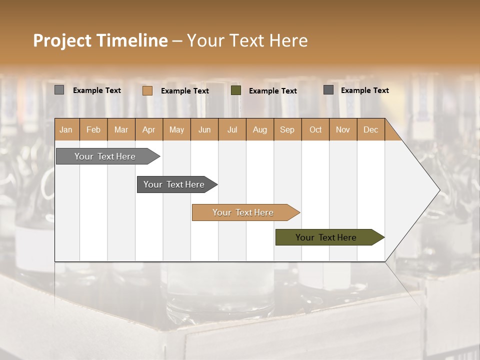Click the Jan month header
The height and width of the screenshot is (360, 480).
pyautogui.click(x=66, y=129)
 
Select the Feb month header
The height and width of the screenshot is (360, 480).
pyautogui.click(x=93, y=129)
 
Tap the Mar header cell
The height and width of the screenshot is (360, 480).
pyautogui.click(x=121, y=129)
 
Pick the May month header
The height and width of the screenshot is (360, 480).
pyautogui.click(x=176, y=129)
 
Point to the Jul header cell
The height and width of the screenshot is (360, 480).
pyautogui.click(x=232, y=129)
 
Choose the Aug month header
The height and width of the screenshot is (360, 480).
pyautogui.click(x=259, y=129)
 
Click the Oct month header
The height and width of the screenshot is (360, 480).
pyautogui.click(x=315, y=129)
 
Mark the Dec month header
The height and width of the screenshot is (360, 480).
pyautogui.click(x=370, y=129)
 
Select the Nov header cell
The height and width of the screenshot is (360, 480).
pyautogui.click(x=343, y=129)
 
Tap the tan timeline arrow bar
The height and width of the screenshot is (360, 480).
pyautogui.click(x=243, y=212)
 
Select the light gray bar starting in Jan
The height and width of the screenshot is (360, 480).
pyautogui.click(x=105, y=156)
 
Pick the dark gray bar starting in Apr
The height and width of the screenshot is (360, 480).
pyautogui.click(x=174, y=184)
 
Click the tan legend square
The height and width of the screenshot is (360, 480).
pyautogui.click(x=147, y=90)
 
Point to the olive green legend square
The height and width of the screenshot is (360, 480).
pyautogui.click(x=236, y=90)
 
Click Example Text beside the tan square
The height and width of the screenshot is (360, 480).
pyautogui.click(x=185, y=91)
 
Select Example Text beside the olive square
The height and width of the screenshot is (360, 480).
pyautogui.click(x=273, y=91)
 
